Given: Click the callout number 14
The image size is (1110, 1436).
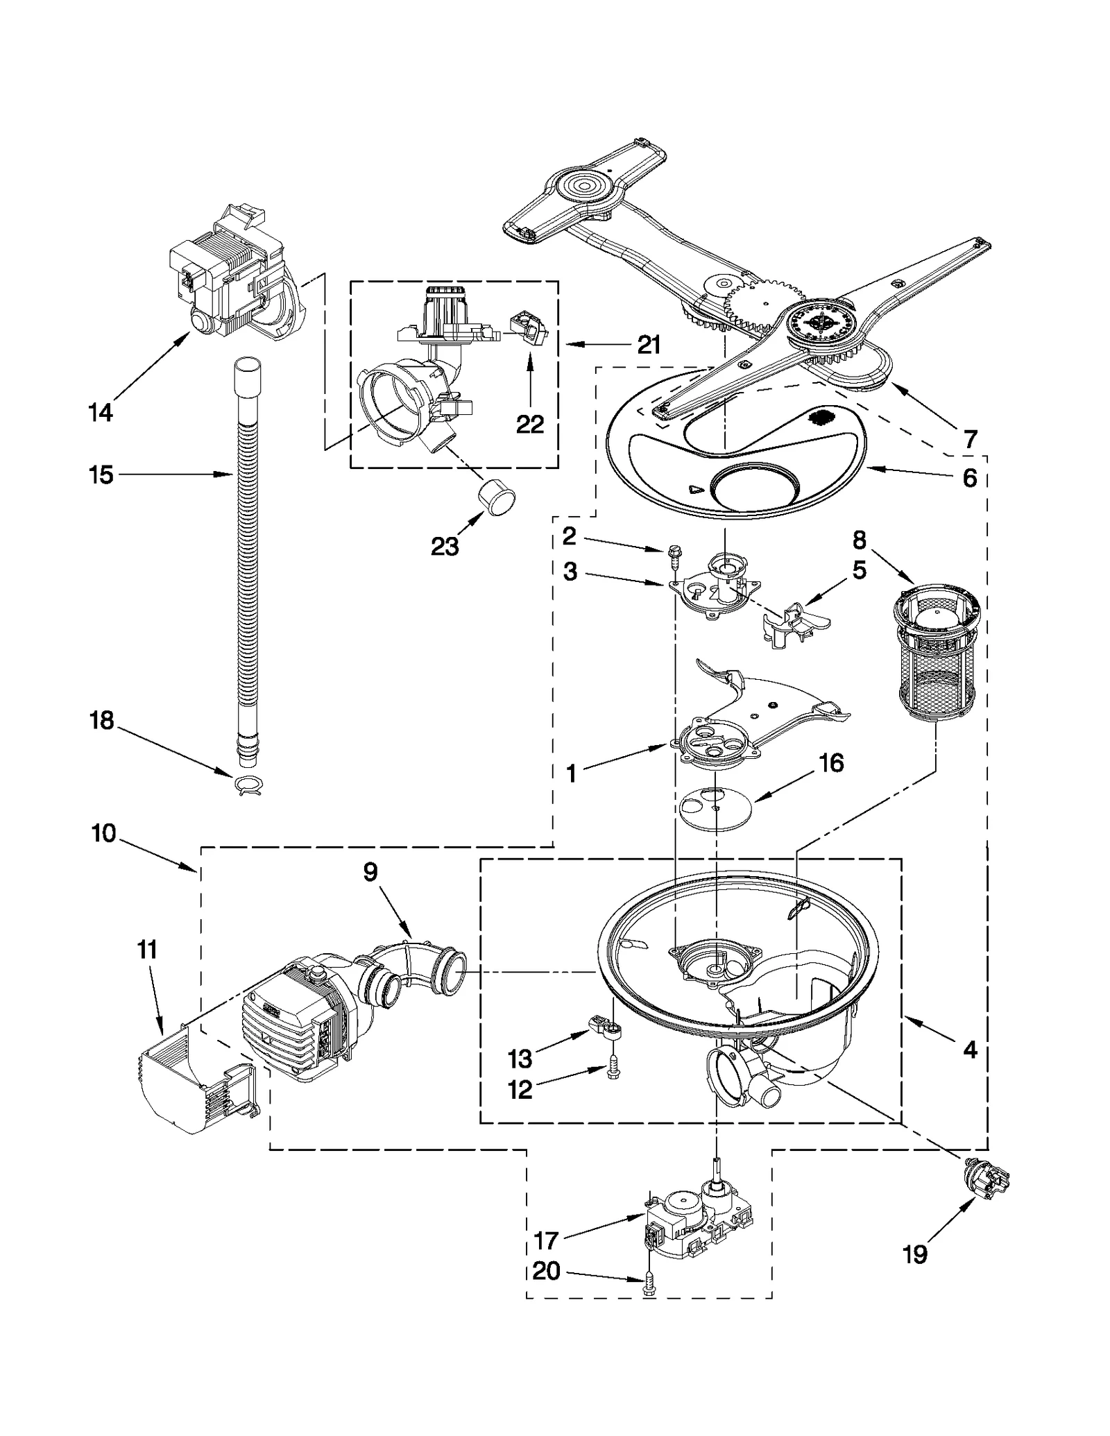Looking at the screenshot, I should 100,412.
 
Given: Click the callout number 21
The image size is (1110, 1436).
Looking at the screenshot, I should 649,345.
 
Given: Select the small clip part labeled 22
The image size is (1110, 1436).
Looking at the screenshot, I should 527,327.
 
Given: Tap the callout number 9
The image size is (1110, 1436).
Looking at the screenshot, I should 370,872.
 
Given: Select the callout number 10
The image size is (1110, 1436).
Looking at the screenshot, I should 103,832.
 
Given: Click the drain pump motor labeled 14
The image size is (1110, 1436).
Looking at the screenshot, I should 229,277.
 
